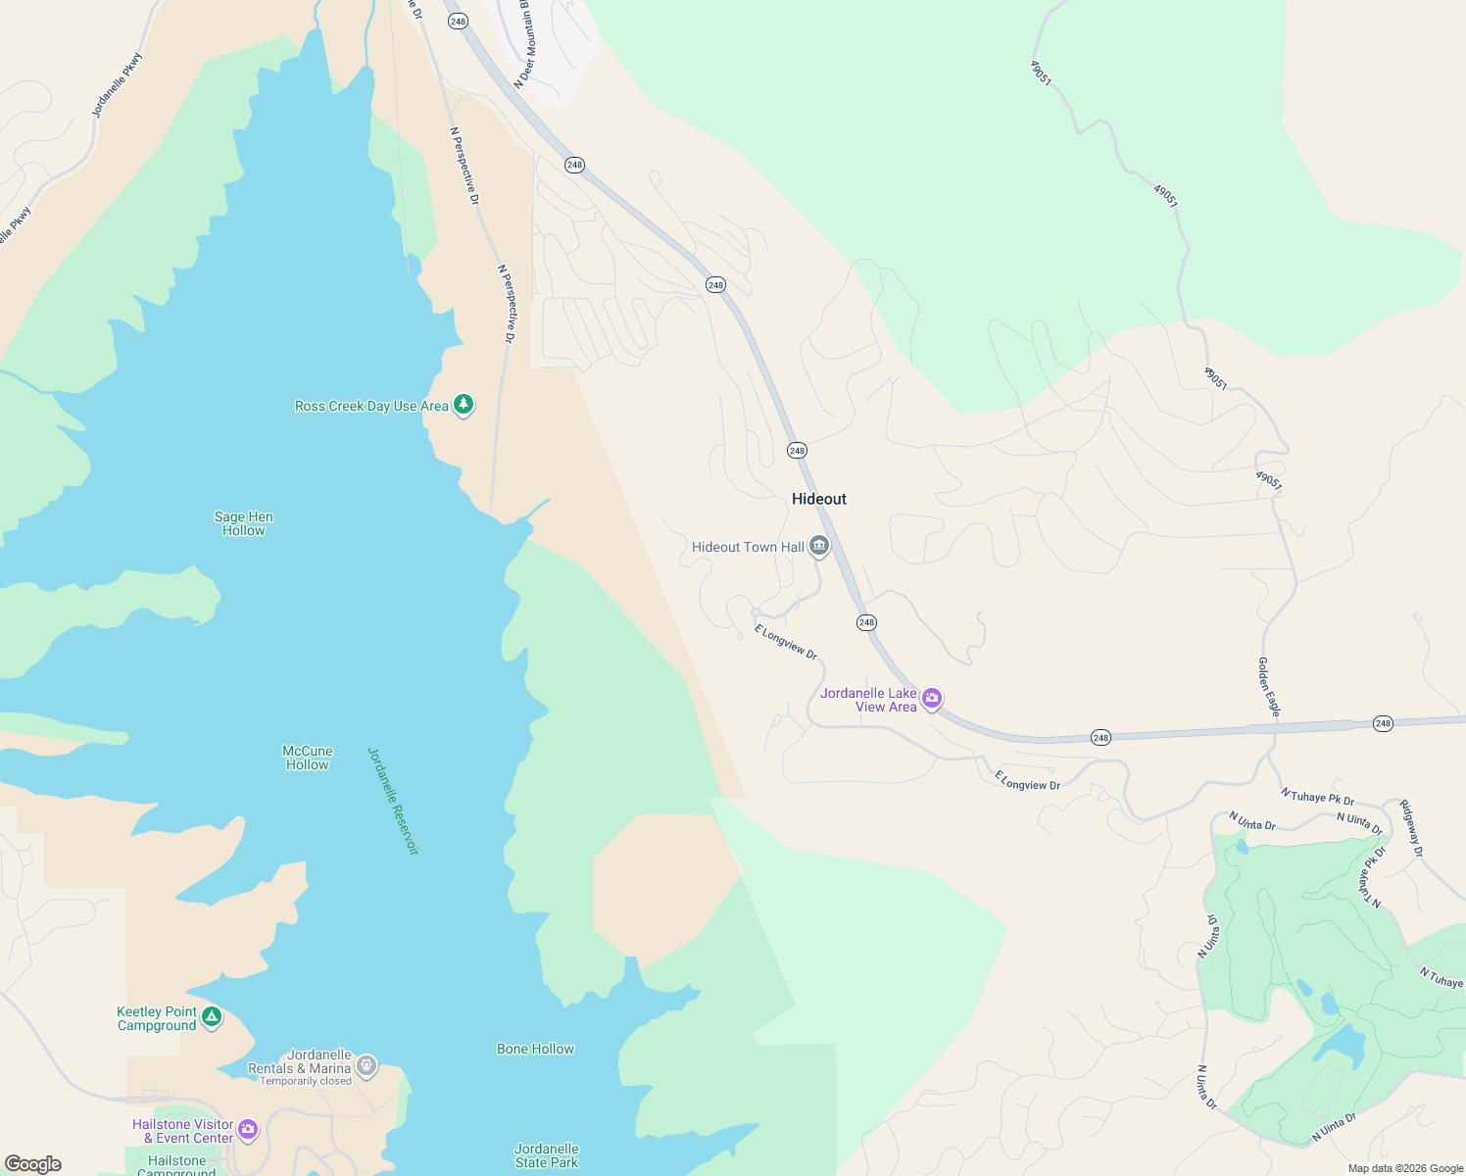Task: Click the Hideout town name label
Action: [818, 499]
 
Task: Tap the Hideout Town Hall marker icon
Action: [819, 546]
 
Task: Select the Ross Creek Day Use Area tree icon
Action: [464, 404]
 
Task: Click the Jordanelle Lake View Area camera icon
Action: [932, 699]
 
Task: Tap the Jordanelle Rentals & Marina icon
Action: [366, 1065]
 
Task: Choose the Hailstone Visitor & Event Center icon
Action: [248, 1130]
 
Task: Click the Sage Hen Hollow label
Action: [244, 523]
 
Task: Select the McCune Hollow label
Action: [308, 758]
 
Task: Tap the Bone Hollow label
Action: [535, 1049]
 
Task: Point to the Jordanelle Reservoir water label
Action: [393, 801]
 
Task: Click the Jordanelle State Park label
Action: [547, 1155]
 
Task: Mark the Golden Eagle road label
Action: [1269, 687]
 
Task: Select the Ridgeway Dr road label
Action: [1411, 829]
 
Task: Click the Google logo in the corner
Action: [33, 1164]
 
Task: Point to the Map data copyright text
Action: [1405, 1168]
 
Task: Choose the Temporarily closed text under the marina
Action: [306, 1081]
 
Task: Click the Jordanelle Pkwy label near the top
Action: [118, 85]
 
